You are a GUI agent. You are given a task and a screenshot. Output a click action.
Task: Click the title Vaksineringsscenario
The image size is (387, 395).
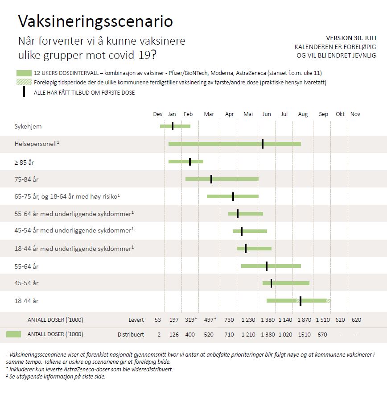click(95, 21)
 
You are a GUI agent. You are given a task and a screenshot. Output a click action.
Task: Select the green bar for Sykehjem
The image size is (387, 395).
click(175, 126)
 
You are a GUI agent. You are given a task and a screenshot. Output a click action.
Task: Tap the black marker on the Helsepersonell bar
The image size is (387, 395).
click(263, 144)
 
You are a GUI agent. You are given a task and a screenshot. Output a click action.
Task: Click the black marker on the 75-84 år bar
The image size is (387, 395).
click(211, 179)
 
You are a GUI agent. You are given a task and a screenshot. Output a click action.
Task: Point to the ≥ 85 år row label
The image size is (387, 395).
click(24, 162)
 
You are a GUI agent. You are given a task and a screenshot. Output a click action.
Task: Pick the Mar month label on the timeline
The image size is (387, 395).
click(209, 114)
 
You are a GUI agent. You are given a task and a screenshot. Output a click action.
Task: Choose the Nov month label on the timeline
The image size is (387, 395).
click(355, 114)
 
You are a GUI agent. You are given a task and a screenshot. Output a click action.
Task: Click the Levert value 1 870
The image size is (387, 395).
click(305, 320)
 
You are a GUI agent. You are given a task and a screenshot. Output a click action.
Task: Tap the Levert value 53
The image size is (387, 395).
click(158, 320)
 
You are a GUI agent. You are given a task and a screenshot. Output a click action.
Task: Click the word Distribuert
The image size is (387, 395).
click(131, 334)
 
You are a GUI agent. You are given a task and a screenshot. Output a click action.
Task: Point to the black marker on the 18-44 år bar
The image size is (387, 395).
click(301, 301)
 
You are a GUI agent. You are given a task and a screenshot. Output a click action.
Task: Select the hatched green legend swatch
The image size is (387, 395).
click(24, 82)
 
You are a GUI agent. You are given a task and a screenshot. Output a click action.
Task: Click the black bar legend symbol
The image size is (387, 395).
click(24, 92)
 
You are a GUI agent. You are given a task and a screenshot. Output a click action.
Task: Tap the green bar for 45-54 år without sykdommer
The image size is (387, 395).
click(286, 283)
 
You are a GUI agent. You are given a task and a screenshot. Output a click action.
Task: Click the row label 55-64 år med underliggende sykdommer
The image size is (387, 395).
click(74, 214)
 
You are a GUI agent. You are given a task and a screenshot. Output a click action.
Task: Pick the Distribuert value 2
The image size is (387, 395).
click(159, 334)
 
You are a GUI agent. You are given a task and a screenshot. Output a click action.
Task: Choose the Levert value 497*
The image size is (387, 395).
click(210, 320)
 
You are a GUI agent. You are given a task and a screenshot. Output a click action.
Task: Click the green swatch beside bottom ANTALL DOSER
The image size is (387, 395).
click(14, 334)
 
